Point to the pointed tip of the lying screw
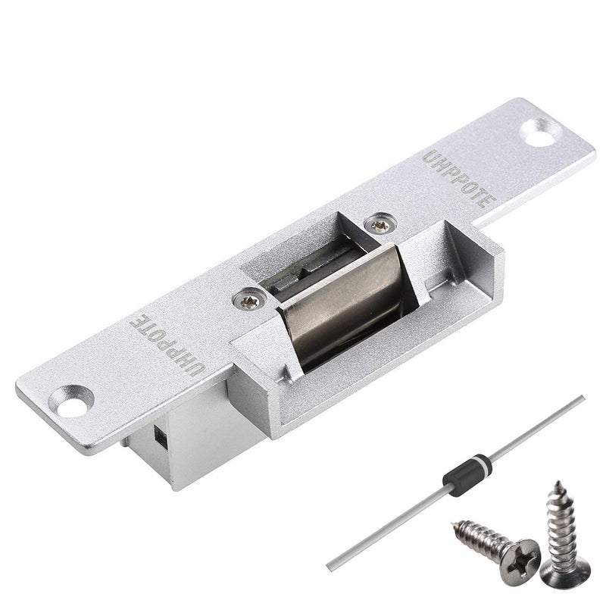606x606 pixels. coord(454,522)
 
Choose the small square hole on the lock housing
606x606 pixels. coord(159,436)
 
